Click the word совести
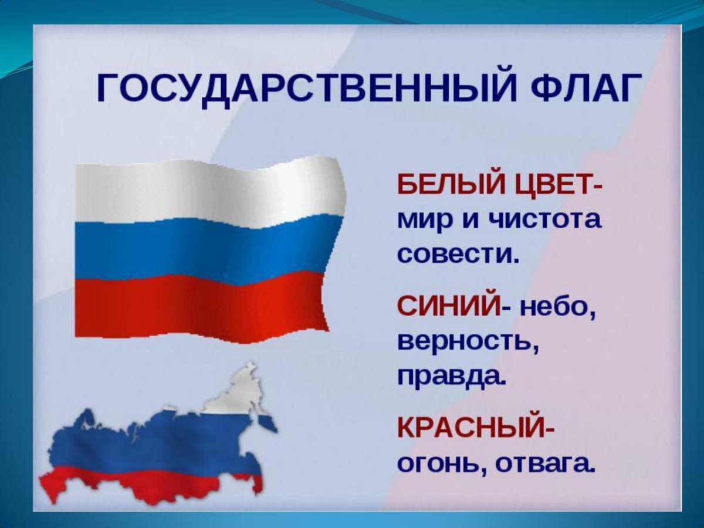[x=458, y=255]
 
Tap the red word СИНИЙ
[x=448, y=307]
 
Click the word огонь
[x=440, y=463]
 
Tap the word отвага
[x=545, y=463]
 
